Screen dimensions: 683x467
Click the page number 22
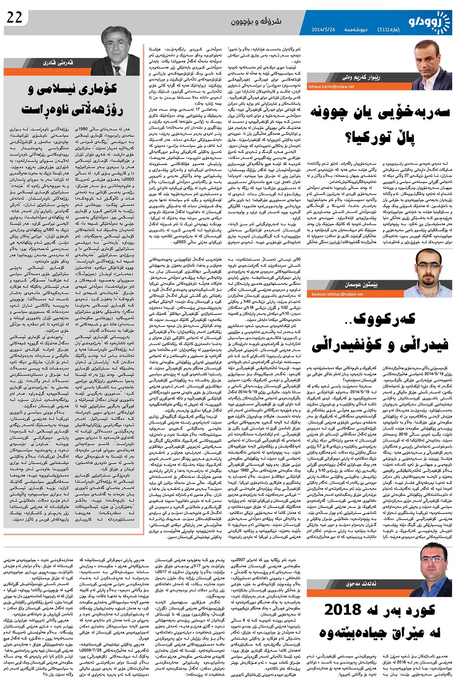click(x=14, y=18)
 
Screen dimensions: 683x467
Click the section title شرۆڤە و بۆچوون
click(x=256, y=21)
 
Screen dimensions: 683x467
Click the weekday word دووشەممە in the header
click(x=354, y=30)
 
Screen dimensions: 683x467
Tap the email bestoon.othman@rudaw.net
click(x=335, y=294)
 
